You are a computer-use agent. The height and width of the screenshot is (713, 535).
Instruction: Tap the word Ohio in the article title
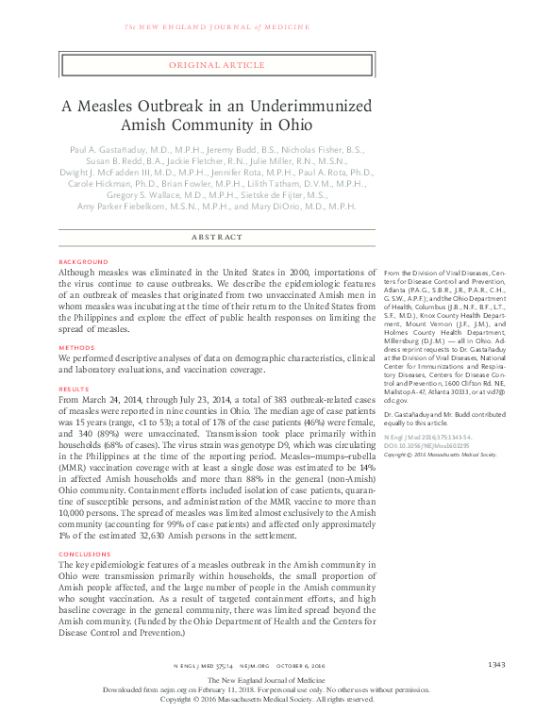pyautogui.click(x=293, y=124)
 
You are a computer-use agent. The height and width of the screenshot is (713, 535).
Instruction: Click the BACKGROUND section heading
pyautogui.click(x=83, y=260)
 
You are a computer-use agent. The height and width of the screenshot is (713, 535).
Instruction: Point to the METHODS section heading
pyautogui.click(x=77, y=346)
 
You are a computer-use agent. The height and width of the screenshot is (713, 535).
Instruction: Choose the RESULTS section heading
pyautogui.click(x=75, y=388)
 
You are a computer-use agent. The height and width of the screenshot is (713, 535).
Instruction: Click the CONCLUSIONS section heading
pyautogui.click(x=86, y=554)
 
